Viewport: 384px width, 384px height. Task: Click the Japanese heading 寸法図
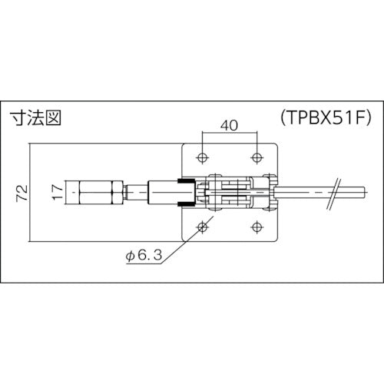[35, 119]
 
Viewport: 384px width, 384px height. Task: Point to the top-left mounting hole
[202, 157]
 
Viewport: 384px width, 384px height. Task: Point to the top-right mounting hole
[256, 157]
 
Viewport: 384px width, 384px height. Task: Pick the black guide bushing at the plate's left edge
[184, 191]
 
